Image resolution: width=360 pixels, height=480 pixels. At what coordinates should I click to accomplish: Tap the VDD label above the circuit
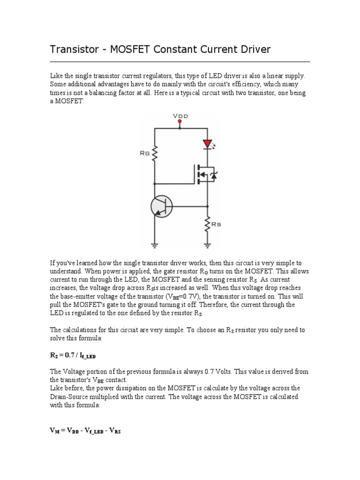(180, 116)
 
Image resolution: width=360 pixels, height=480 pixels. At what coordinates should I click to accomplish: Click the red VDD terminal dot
(180, 121)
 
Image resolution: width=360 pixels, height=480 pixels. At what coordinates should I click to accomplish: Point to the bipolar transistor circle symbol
(161, 206)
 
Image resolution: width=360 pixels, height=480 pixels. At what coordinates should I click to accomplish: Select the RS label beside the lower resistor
(217, 225)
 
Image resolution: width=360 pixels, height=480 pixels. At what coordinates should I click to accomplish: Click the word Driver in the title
(255, 49)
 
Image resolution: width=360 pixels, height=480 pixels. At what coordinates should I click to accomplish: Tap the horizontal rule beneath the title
(180, 61)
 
